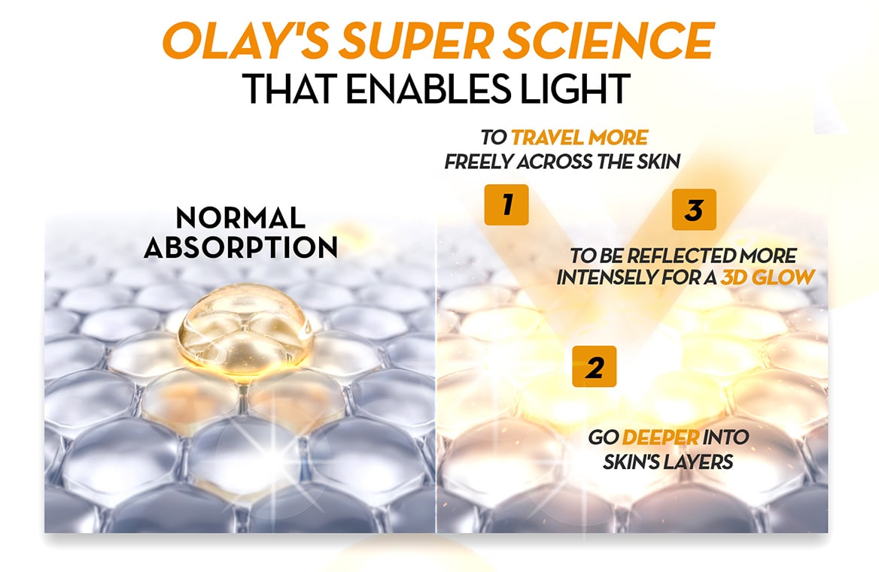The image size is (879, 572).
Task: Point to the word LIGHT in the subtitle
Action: point(575,88)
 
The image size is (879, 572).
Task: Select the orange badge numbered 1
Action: point(506,204)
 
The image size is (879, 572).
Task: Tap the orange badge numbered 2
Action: point(595,367)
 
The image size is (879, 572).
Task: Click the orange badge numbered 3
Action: point(694,210)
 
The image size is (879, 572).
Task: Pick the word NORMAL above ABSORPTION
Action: point(241,218)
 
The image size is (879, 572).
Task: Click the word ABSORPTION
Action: point(241,247)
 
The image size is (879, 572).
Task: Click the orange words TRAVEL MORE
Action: point(579,137)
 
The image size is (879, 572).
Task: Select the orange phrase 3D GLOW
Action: point(768,277)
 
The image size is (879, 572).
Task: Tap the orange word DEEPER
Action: point(660,437)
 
